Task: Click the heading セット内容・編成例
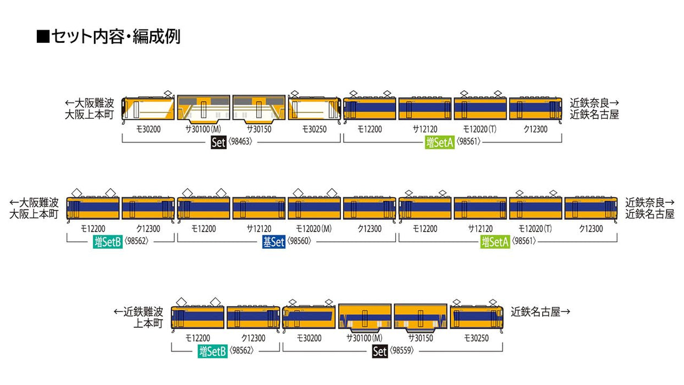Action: coord(116,37)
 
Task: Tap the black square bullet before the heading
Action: coord(43,37)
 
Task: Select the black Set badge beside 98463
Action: coord(219,143)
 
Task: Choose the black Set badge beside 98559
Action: coord(380,351)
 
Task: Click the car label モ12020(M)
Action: coord(314,229)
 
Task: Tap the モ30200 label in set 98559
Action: coord(309,338)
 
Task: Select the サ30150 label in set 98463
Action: coord(258,130)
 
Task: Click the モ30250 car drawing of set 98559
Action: coord(476,317)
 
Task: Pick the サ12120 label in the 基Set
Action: coord(258,229)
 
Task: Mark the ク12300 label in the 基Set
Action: coord(369,229)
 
